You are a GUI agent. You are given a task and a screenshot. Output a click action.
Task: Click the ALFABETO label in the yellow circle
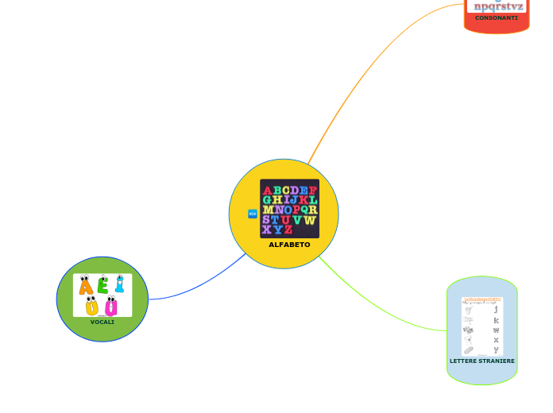[289, 245]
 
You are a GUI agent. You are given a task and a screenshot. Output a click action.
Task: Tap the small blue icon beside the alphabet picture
[253, 214]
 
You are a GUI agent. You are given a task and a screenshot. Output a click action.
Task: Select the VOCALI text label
[102, 322]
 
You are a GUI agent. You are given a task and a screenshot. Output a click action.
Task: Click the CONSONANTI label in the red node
[497, 17]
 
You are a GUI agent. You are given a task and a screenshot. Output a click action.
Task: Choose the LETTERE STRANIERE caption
[482, 361]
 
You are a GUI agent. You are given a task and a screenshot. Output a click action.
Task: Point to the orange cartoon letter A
[86, 287]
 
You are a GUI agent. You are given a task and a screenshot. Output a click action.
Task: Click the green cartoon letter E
[102, 286]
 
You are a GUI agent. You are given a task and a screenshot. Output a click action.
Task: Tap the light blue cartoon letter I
[119, 284]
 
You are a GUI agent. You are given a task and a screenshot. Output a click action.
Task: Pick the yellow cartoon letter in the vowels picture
[92, 307]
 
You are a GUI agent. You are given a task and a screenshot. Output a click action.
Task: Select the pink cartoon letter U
[111, 307]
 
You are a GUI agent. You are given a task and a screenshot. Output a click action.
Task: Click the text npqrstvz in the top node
[498, 6]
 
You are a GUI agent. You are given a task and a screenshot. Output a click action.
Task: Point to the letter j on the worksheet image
[496, 310]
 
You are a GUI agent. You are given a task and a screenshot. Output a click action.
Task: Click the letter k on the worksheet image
[496, 320]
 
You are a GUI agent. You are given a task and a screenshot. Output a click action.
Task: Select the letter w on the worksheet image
[496, 330]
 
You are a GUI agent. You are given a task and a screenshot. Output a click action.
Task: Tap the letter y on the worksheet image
[496, 349]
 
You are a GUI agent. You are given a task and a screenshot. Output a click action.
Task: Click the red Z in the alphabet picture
[288, 230]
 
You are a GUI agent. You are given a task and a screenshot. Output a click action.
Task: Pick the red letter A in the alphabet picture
[268, 191]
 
